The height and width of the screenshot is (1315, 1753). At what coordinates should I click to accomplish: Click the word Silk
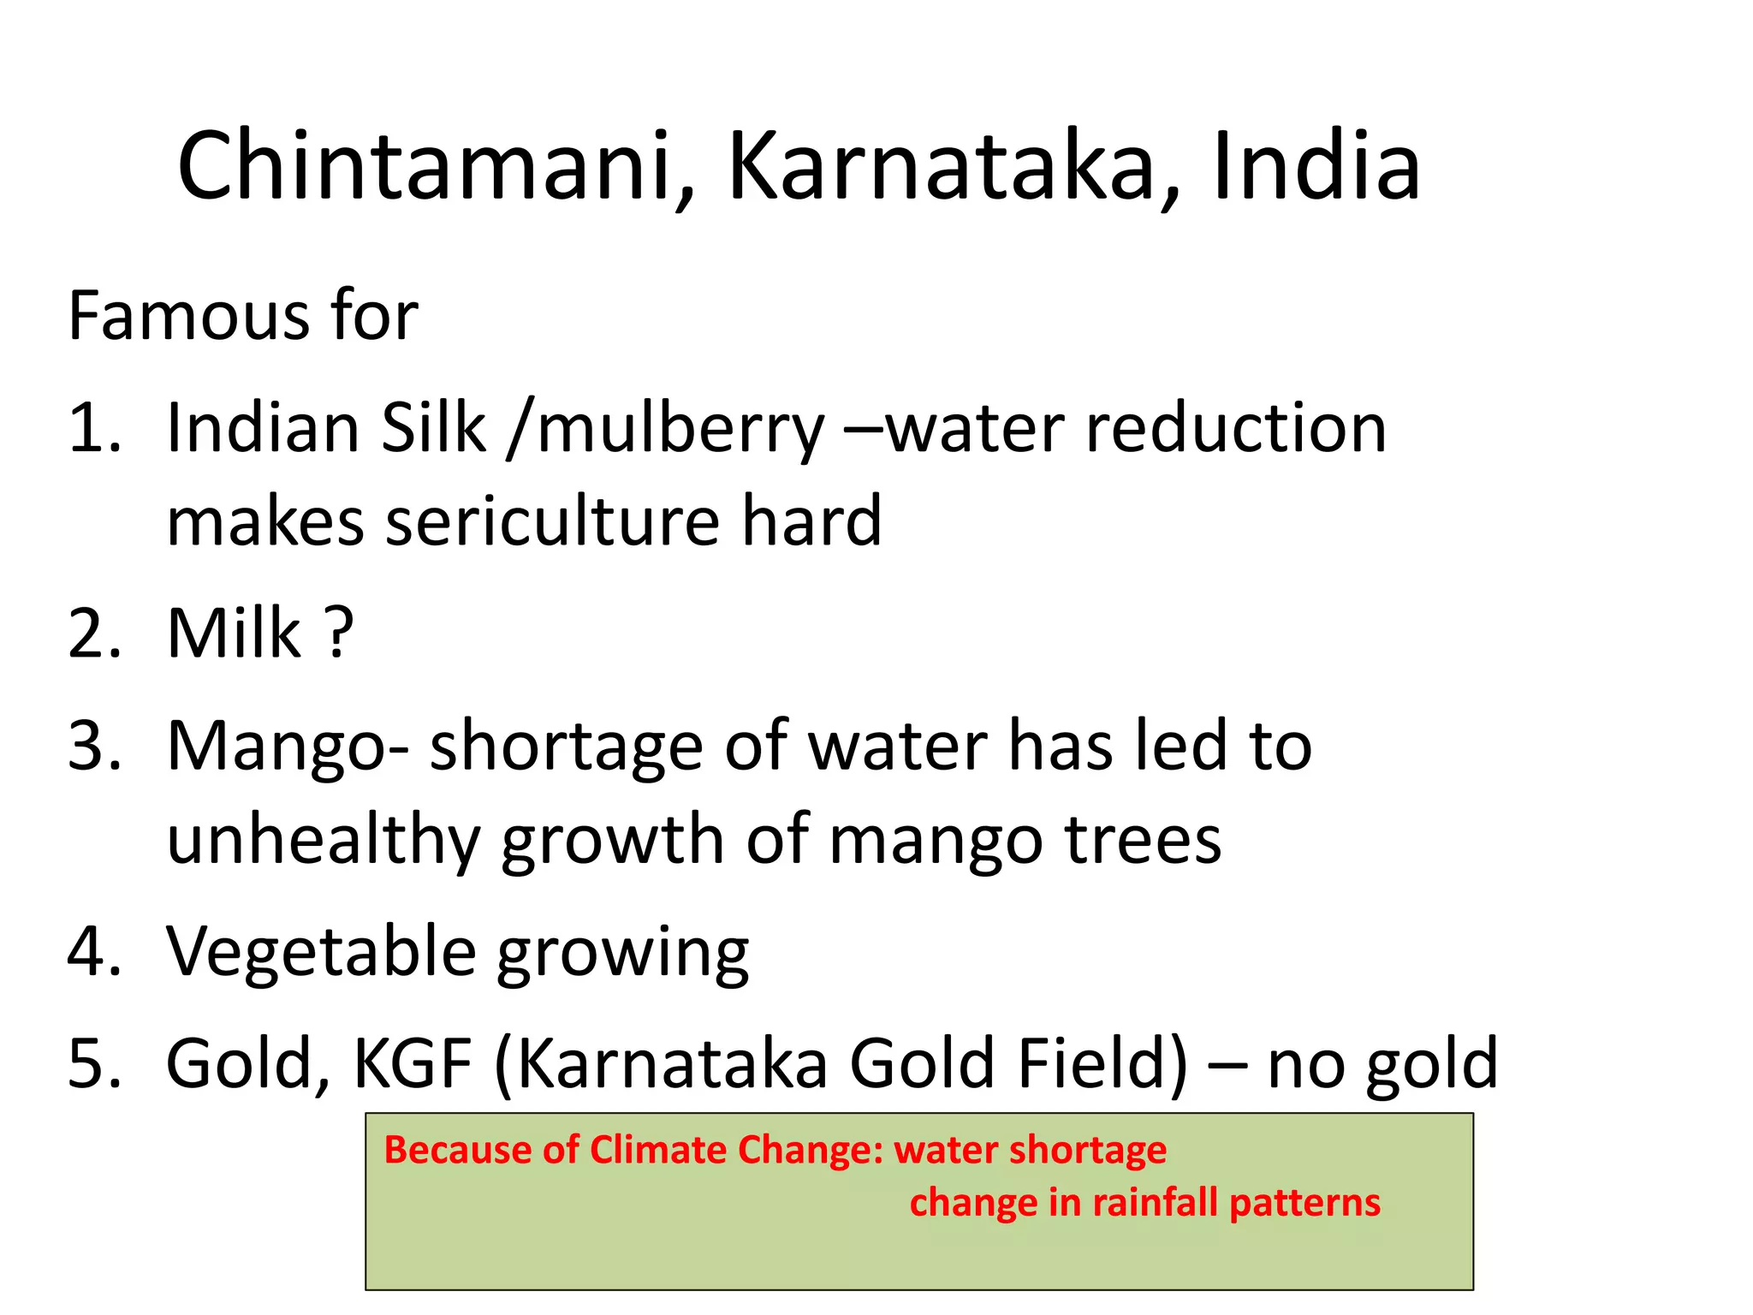(x=434, y=427)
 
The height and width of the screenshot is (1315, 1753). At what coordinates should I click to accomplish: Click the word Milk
(x=234, y=634)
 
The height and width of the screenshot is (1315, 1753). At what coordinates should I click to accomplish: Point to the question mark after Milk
(x=340, y=634)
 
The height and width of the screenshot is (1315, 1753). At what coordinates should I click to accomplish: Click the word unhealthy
(x=324, y=842)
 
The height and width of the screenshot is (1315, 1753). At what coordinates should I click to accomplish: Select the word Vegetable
(x=321, y=951)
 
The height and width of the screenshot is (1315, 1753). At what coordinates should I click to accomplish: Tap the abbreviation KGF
(x=413, y=1063)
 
